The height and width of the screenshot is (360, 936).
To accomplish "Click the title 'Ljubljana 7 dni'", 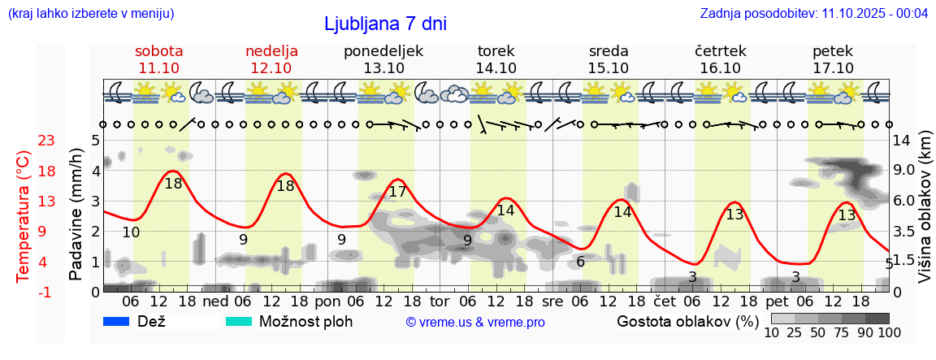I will pyautogui.click(x=385, y=24).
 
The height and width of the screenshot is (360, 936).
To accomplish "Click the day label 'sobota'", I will pyautogui.click(x=158, y=51).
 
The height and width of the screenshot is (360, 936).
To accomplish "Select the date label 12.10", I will pyautogui.click(x=271, y=68).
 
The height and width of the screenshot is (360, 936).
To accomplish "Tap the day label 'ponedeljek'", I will pyautogui.click(x=383, y=51).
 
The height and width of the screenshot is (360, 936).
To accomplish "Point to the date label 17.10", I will pyautogui.click(x=833, y=68).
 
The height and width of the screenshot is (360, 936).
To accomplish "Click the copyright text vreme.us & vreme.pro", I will pyautogui.click(x=475, y=322).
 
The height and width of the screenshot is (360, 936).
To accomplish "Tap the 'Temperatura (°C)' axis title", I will pyautogui.click(x=24, y=215).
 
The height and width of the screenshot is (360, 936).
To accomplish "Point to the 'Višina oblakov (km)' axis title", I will pyautogui.click(x=925, y=215).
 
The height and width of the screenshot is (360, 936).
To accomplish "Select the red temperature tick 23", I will pyautogui.click(x=24, y=141).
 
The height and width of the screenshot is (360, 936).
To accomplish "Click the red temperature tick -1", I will pyautogui.click(x=24, y=292).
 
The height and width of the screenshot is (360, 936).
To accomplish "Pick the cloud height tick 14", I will pyautogui.click(x=903, y=141).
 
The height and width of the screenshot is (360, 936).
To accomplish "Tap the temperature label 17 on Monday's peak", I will pyautogui.click(x=397, y=192).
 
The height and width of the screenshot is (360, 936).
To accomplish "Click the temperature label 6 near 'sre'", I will pyautogui.click(x=580, y=262).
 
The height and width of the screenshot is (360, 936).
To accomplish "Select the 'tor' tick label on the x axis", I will pyautogui.click(x=440, y=301).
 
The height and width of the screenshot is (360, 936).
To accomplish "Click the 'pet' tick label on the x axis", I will pyautogui.click(x=775, y=301).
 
